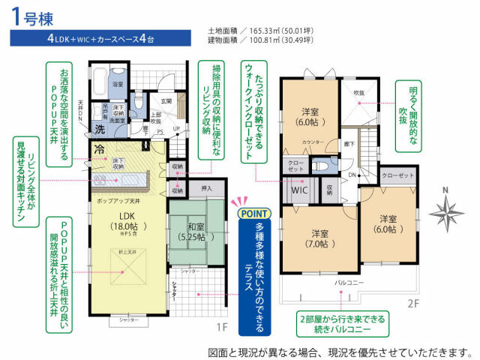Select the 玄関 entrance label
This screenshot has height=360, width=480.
(x=166, y=100)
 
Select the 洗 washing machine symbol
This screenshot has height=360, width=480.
(x=100, y=128)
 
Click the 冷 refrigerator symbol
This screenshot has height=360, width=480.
(x=100, y=148)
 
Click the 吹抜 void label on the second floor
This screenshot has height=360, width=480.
(x=358, y=94)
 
